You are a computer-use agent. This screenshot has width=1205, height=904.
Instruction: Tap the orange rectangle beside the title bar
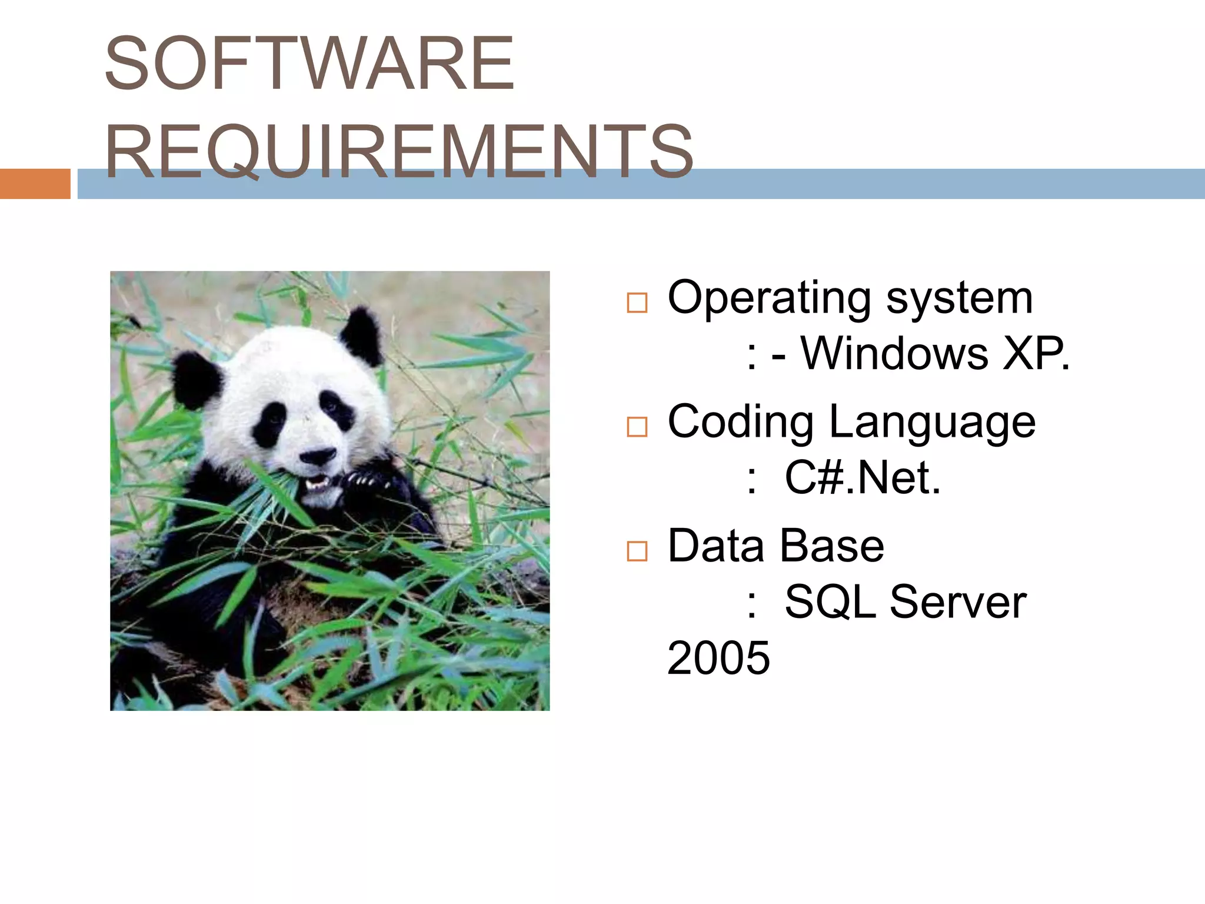click(35, 184)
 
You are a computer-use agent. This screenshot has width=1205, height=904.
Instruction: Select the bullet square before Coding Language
click(637, 427)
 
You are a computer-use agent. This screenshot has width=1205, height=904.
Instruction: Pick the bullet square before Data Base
click(637, 551)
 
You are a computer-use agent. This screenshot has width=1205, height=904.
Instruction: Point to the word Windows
click(894, 354)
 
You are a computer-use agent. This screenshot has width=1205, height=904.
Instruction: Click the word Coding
click(741, 423)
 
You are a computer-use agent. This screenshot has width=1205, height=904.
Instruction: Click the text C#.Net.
click(863, 478)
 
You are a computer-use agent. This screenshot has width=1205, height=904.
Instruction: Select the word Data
click(715, 546)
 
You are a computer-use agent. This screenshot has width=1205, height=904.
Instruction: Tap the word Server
click(958, 602)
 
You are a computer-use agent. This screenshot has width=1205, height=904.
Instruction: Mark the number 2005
click(718, 658)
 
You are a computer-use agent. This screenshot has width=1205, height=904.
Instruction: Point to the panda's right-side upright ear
click(361, 335)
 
